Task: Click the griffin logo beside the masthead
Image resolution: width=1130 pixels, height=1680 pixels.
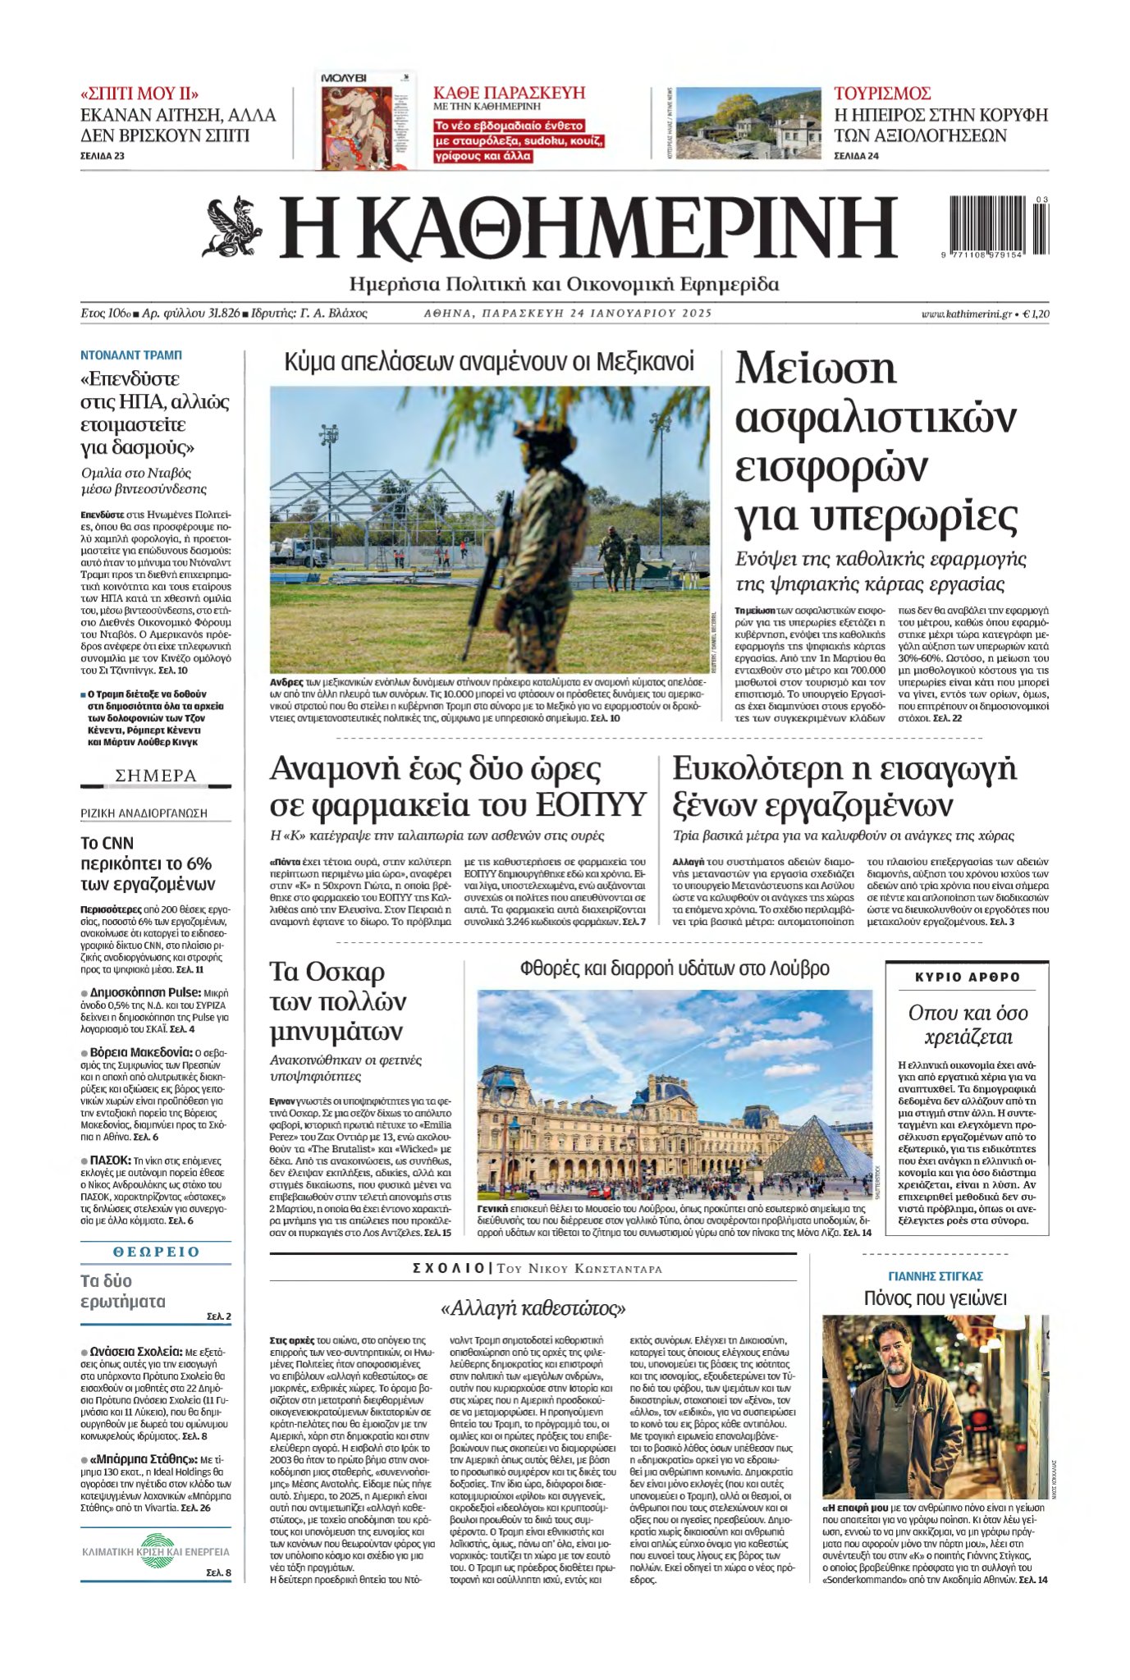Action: [x=233, y=226]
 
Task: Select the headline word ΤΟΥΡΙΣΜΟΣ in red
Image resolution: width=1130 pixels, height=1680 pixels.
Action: [x=881, y=94]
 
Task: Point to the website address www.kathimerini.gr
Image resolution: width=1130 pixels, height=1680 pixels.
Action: [x=965, y=314]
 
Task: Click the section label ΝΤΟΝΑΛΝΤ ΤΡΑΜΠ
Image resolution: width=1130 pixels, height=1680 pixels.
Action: [x=131, y=355]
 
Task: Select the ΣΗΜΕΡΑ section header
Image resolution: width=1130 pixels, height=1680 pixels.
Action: [x=156, y=776]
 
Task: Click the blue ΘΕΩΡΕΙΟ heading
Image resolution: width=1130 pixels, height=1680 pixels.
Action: [x=156, y=1252]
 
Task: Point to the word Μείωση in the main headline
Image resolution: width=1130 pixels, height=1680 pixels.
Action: [x=815, y=369]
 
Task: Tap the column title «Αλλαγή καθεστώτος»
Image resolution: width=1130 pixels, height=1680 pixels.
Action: [x=533, y=1307]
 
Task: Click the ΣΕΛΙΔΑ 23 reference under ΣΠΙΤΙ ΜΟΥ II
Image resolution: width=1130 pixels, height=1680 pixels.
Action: [x=103, y=155]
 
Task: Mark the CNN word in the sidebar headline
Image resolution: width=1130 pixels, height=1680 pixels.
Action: [x=118, y=843]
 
